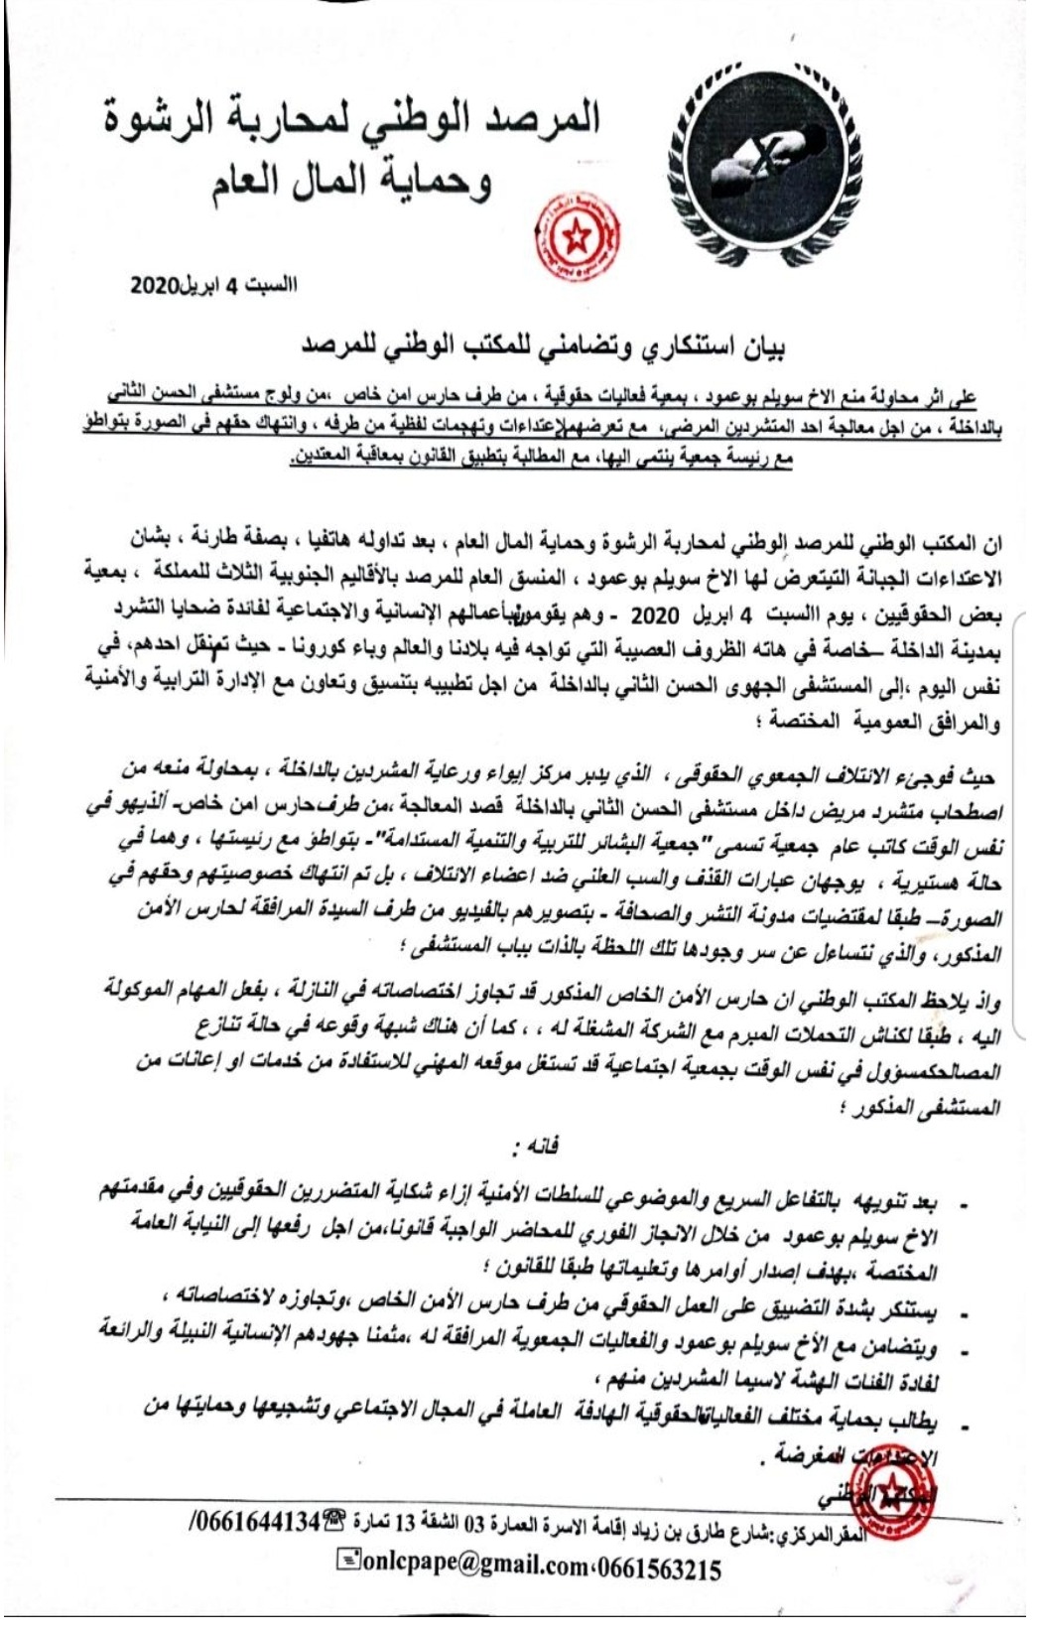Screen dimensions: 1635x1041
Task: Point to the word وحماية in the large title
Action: (x=436, y=182)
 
